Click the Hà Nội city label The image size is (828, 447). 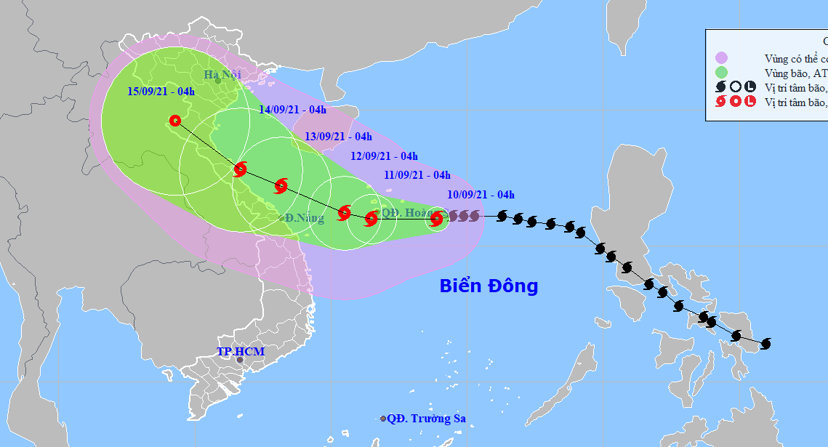221,74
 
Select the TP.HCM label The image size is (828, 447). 241,352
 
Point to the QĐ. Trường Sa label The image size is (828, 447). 426,419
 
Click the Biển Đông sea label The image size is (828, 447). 489,286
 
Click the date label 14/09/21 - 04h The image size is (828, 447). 292,110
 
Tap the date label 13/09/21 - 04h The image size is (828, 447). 338,136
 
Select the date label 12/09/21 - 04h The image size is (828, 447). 384,156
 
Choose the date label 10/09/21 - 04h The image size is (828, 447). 481,194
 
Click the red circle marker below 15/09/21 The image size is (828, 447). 174,121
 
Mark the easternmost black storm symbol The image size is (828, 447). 765,343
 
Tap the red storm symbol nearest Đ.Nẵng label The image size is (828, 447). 281,186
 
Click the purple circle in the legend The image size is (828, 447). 721,58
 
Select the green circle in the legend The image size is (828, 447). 721,73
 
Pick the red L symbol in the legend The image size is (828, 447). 749,102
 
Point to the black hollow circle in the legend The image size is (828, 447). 736,87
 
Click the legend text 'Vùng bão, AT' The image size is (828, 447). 796,73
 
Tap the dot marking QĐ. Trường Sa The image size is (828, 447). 383,419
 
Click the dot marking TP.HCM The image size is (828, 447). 240,359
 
